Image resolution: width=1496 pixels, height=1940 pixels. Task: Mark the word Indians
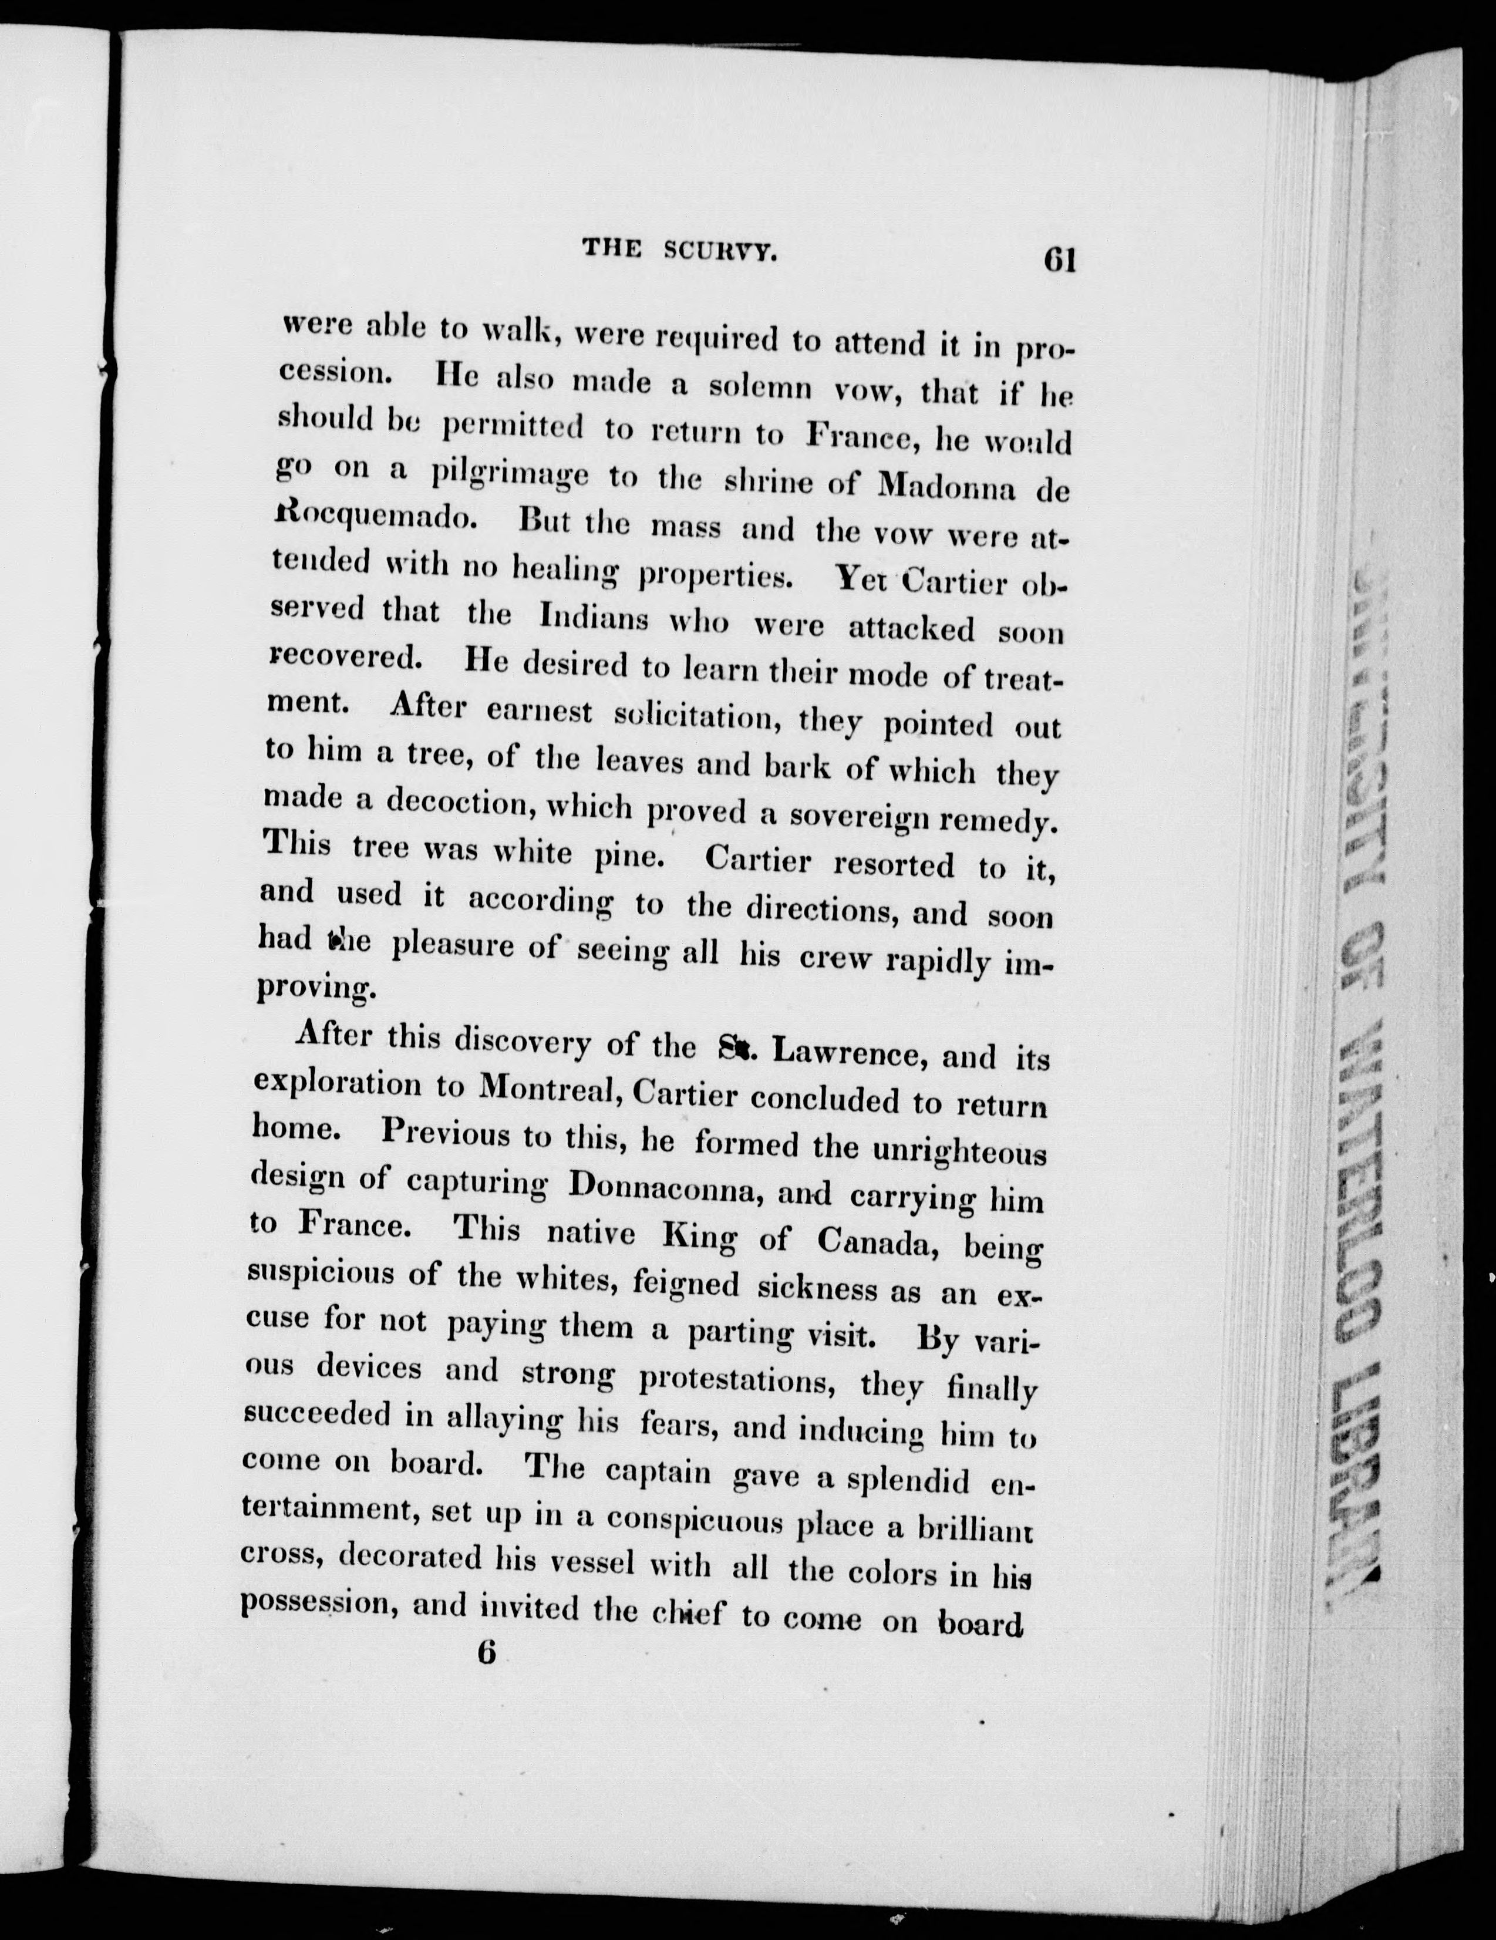[594, 617]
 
